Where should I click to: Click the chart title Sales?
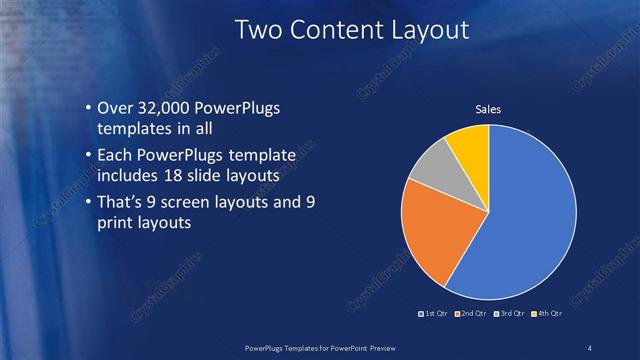click(487, 109)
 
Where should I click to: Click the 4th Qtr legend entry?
click(548, 314)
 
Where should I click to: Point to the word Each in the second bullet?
click(115, 156)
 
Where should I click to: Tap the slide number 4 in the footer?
click(590, 346)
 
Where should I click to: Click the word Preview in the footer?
click(374, 346)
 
